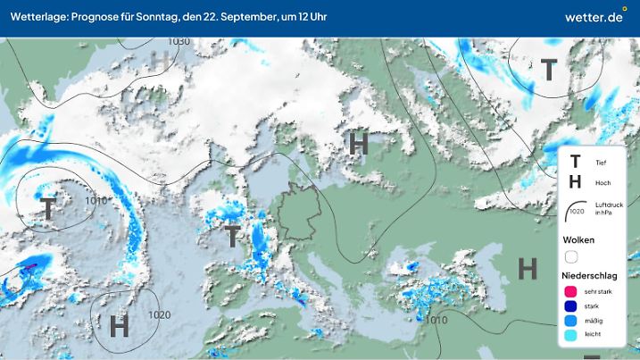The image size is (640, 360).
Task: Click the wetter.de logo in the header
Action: tap(594, 18)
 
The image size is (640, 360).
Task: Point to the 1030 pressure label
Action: tap(179, 42)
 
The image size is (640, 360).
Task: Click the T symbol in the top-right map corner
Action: tap(548, 70)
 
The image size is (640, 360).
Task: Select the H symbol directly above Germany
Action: tap(359, 143)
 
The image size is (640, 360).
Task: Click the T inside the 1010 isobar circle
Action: tap(46, 209)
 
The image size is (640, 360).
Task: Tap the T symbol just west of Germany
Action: tap(232, 236)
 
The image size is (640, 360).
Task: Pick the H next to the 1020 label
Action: tap(119, 326)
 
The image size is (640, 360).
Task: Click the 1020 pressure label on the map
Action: tap(160, 314)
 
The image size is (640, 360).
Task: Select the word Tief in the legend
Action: tap(600, 162)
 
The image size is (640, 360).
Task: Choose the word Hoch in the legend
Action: tap(602, 182)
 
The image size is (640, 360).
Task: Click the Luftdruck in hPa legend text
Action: tap(605, 207)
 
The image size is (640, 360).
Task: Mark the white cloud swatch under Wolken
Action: tap(571, 255)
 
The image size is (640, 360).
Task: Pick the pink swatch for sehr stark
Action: tap(570, 291)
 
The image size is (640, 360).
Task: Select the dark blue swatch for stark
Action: tap(570, 306)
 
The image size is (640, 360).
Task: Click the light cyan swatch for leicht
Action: tap(570, 336)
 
